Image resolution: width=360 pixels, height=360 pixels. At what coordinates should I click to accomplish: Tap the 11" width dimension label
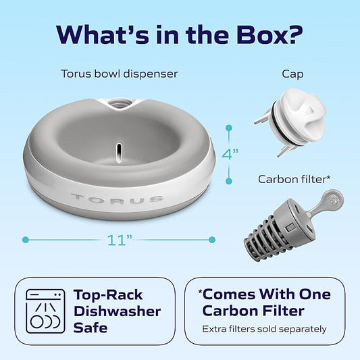119,240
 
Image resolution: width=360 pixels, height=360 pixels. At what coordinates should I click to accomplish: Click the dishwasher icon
45,310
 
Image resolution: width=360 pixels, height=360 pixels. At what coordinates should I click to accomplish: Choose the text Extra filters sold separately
265,330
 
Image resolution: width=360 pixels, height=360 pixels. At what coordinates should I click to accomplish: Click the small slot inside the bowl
118,149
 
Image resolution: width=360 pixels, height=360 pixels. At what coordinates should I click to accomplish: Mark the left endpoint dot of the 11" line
26,239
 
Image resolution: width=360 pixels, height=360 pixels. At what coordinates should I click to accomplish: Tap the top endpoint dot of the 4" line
230,126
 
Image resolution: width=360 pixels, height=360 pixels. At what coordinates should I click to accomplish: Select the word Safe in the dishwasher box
92,328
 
